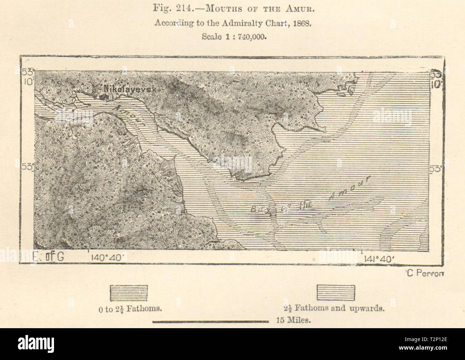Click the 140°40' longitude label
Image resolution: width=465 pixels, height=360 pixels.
click(x=106, y=257)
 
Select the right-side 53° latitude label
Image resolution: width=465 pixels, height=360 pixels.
click(x=436, y=168)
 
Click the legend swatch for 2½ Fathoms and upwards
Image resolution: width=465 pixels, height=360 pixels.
click(x=336, y=292)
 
